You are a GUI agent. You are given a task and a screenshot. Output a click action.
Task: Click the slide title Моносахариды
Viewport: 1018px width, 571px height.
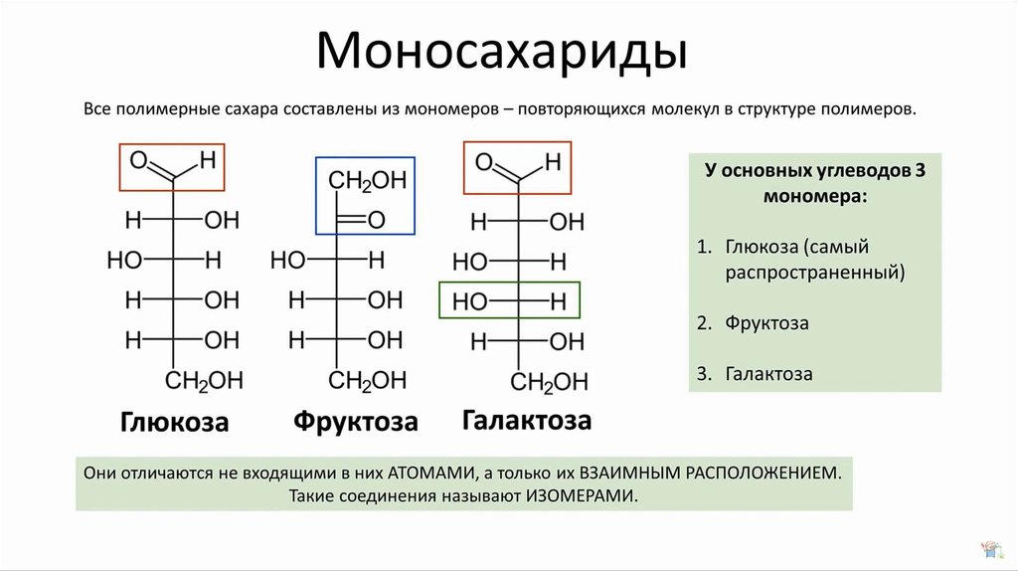pos(501,52)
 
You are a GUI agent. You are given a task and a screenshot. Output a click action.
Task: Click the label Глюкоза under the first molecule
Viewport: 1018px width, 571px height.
pos(175,422)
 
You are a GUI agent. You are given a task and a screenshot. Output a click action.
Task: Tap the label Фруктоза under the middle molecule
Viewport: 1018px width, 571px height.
pos(356,422)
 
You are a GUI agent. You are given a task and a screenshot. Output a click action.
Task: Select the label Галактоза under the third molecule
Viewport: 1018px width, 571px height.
pos(527,421)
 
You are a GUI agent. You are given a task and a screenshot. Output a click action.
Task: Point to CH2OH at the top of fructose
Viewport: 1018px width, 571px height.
pos(368,181)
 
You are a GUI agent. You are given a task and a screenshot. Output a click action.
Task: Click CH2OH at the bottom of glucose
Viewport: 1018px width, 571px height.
pos(204,381)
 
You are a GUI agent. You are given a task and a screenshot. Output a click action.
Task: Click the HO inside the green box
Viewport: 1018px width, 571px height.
pos(469,302)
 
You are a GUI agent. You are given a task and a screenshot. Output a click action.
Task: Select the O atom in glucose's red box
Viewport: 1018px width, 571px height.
pos(139,160)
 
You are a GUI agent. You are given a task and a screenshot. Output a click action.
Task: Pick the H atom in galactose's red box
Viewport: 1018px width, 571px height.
pos(553,162)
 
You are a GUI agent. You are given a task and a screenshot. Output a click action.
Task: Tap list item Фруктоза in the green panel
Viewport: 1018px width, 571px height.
pos(766,323)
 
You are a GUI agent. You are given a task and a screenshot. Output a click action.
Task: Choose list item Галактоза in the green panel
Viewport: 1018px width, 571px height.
pos(768,374)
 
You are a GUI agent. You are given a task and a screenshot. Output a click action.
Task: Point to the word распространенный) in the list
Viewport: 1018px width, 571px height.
pos(815,273)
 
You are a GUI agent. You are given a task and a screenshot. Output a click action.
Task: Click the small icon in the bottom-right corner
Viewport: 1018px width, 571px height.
pos(991,549)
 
